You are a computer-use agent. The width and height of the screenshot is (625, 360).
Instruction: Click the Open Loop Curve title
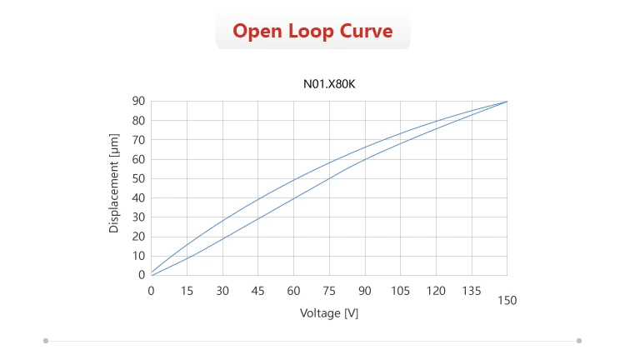point(312,32)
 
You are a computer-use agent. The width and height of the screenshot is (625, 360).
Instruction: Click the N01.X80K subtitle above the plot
point(328,83)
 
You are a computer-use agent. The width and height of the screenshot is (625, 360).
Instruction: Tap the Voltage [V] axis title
point(329,312)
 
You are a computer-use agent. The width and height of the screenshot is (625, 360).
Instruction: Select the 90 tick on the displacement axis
point(139,101)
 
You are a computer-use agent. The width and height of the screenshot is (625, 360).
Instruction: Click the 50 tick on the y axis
point(139,178)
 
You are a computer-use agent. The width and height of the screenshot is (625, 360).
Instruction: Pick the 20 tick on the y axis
point(139,236)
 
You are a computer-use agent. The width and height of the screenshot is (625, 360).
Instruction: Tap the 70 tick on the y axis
point(139,140)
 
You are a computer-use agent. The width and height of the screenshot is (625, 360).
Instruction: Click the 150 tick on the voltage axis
point(507,300)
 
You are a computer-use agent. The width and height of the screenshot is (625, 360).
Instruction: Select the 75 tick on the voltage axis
point(329,290)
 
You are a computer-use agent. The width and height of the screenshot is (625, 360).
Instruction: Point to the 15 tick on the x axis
point(187,290)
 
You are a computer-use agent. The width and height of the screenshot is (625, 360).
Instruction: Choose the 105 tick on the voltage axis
point(400,290)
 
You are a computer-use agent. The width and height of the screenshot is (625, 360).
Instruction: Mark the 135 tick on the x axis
point(471,290)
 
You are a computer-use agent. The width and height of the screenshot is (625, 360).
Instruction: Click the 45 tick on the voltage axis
point(257,290)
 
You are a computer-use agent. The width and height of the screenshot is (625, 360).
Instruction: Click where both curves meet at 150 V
point(507,102)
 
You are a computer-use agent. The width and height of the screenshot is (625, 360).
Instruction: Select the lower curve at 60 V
point(293,198)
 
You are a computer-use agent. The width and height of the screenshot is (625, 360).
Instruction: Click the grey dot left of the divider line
point(46,340)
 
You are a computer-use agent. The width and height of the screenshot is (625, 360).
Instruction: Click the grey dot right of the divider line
point(579,340)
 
